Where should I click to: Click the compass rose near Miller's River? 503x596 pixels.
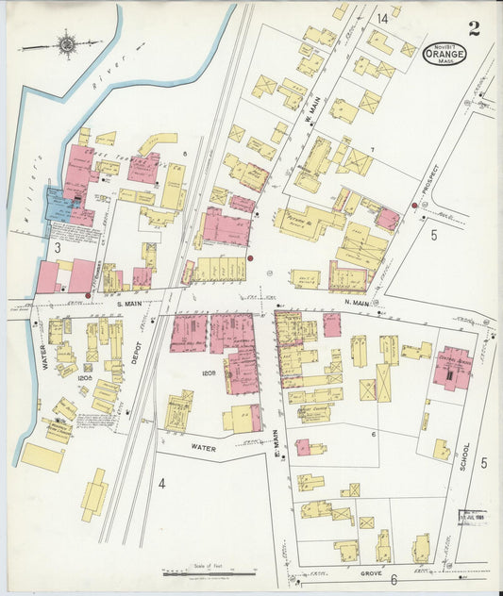coord(67,42)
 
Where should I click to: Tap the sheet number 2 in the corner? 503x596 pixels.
coord(473,27)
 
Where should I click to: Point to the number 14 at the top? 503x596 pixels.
coord(382,18)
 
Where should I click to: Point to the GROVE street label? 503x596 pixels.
coord(369,571)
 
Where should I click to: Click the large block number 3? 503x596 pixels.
coord(57,247)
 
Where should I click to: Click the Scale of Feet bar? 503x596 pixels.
coord(209,571)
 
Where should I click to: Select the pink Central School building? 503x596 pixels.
coord(451,370)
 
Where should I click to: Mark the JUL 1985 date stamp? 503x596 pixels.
coord(472,518)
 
